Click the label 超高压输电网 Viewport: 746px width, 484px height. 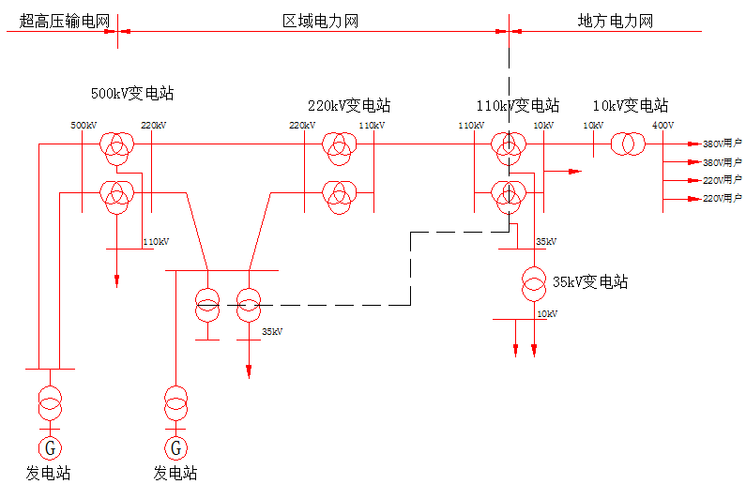65,22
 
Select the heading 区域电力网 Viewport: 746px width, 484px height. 320,22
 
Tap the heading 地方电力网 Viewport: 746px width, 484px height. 616,22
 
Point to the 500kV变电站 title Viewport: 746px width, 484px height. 132,93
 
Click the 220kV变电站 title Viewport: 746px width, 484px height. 349,106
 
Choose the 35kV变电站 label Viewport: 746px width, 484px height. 590,282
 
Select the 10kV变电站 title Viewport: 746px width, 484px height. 631,106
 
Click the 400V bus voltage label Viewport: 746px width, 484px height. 662,126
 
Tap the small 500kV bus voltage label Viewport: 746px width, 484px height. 84,126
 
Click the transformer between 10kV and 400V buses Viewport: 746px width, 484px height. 628,144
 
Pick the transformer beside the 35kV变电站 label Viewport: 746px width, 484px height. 534,284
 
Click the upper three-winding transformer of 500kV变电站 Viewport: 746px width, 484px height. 116,148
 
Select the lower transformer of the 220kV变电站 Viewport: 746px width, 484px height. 340,197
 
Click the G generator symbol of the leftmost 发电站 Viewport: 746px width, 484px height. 50,447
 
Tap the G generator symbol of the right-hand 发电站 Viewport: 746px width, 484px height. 176,447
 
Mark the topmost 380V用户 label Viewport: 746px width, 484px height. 723,144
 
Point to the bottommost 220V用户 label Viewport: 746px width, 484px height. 723,198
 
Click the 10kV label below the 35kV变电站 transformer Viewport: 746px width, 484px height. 547,314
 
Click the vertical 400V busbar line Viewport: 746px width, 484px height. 662,171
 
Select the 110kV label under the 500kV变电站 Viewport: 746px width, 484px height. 156,241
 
